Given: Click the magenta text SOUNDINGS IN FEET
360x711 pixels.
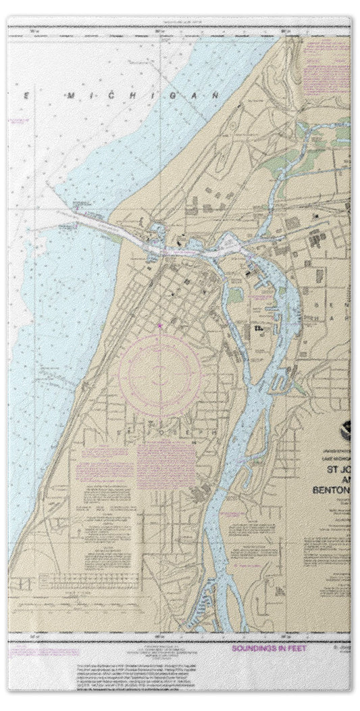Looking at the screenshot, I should click(269, 647).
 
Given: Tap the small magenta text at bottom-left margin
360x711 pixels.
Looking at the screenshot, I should click(30, 653).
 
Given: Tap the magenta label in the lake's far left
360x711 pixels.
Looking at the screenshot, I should click(17, 122).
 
